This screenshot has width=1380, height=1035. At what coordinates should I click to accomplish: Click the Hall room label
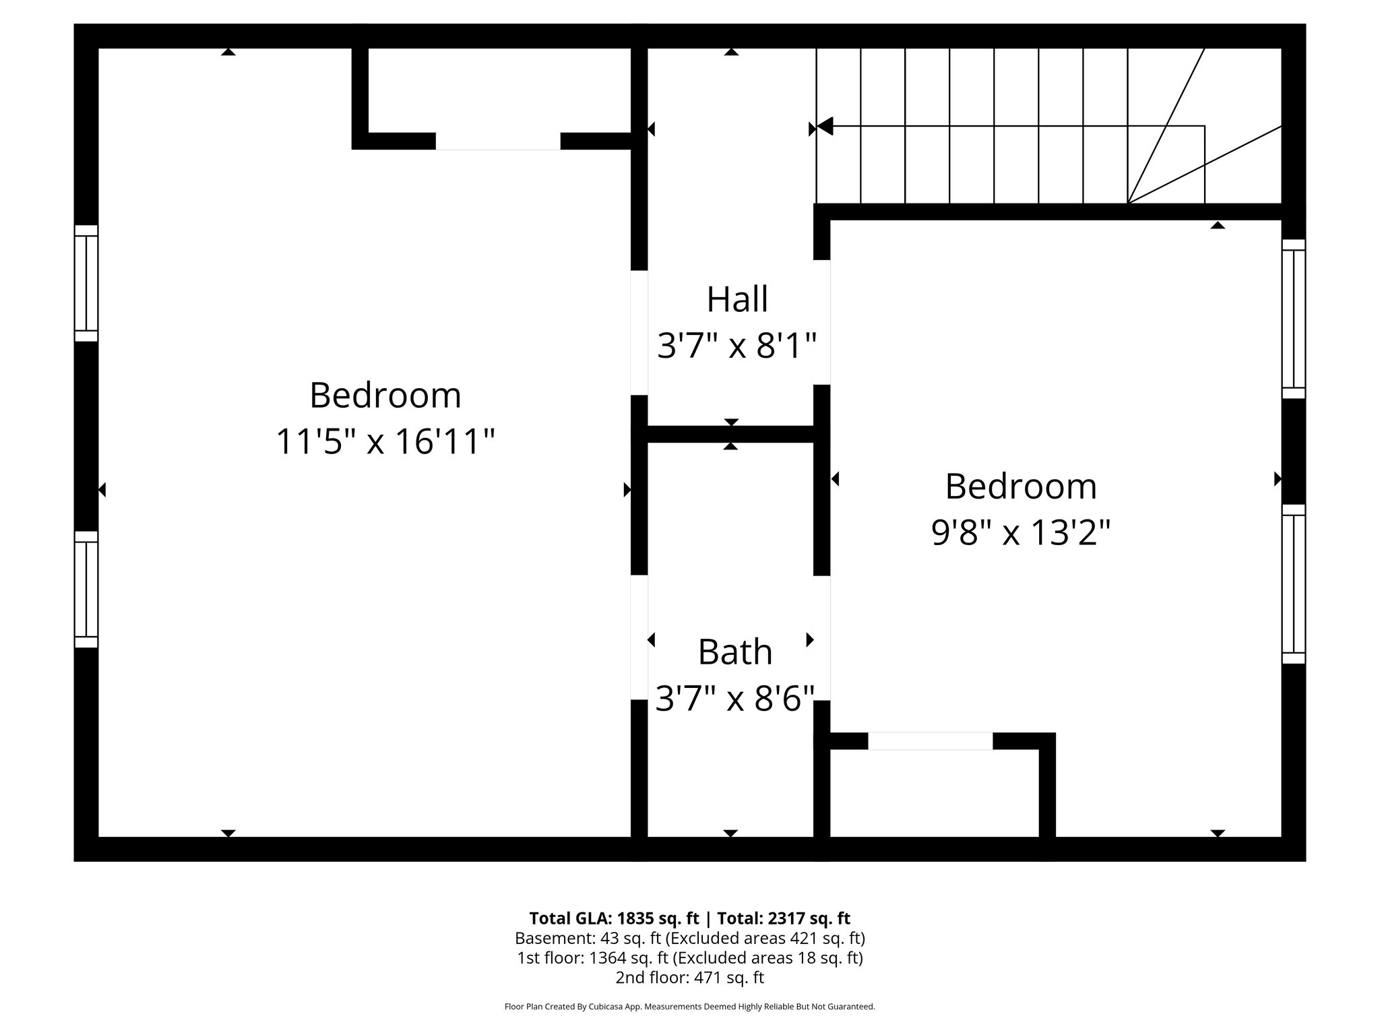pyautogui.click(x=736, y=299)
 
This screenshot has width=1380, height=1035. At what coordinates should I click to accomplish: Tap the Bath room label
pyautogui.click(x=734, y=652)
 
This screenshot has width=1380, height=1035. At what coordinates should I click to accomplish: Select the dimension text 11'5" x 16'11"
pyautogui.click(x=385, y=442)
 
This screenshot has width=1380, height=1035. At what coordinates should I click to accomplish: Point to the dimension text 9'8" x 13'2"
pyautogui.click(x=1020, y=534)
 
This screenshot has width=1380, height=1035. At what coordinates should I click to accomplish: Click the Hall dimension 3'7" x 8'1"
pyautogui.click(x=736, y=347)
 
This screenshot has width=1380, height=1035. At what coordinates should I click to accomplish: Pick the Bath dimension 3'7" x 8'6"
pyautogui.click(x=734, y=698)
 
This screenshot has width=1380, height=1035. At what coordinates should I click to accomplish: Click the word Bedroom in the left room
pyautogui.click(x=385, y=395)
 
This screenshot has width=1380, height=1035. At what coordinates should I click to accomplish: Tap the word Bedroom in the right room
pyautogui.click(x=1020, y=486)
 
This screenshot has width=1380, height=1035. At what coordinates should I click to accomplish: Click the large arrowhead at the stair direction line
pyautogui.click(x=825, y=126)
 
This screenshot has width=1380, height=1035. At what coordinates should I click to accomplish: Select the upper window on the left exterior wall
pyautogui.click(x=86, y=283)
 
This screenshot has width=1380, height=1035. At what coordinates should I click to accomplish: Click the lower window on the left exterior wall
pyautogui.click(x=86, y=589)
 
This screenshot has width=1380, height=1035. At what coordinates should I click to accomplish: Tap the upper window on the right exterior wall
pyautogui.click(x=1293, y=319)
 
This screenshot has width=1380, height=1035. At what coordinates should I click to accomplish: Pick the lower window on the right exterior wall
pyautogui.click(x=1293, y=584)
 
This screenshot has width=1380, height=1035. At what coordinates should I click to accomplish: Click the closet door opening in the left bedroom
pyautogui.click(x=498, y=141)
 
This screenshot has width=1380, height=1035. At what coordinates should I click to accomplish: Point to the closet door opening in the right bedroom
pyautogui.click(x=930, y=741)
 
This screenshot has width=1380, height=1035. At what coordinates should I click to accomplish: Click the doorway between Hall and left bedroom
pyautogui.click(x=639, y=332)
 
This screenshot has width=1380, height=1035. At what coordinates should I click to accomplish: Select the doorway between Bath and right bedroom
pyautogui.click(x=821, y=638)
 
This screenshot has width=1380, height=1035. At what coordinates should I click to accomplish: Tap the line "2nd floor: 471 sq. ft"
pyautogui.click(x=689, y=977)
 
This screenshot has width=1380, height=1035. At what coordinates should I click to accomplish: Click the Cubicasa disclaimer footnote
pyautogui.click(x=689, y=1007)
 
